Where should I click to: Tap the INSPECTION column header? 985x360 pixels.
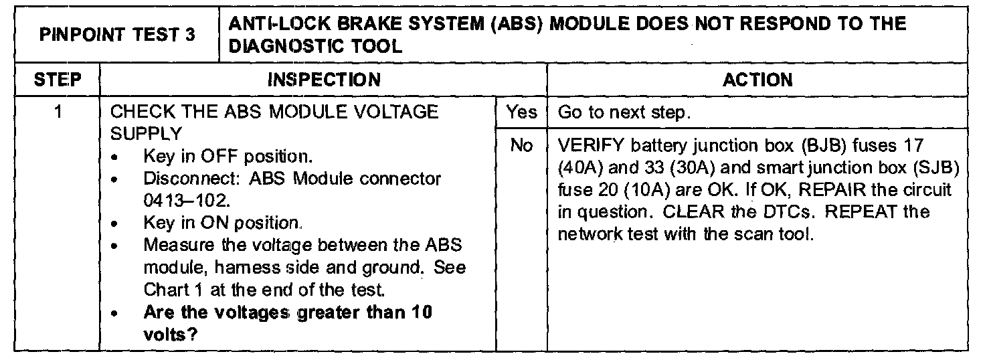click(323, 80)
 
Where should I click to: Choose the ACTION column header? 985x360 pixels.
click(757, 80)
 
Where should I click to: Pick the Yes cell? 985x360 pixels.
click(521, 112)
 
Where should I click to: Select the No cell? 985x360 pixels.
click(521, 145)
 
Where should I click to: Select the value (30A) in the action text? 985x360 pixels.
click(676, 167)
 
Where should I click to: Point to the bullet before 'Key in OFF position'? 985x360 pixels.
click(118, 158)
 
